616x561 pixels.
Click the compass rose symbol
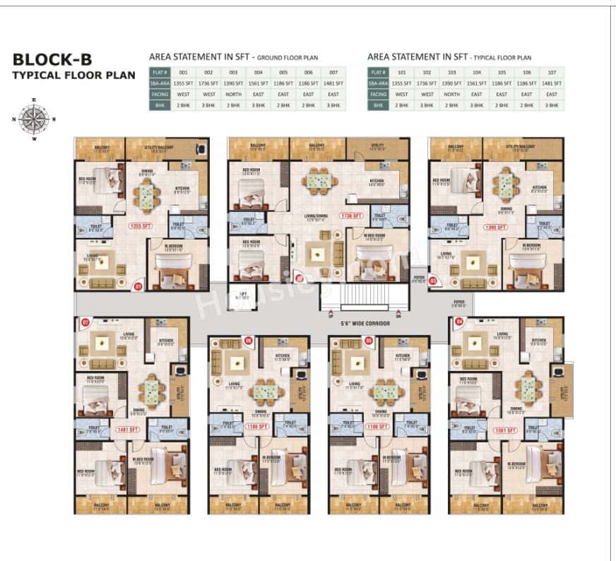pyautogui.click(x=30, y=118)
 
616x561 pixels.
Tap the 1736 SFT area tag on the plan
pyautogui.click(x=350, y=215)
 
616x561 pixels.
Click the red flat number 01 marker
pyautogui.click(x=138, y=286)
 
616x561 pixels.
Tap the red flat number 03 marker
pyautogui.click(x=432, y=280)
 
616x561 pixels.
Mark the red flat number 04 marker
pyautogui.click(x=459, y=322)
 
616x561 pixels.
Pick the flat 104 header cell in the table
pyautogui.click(x=477, y=72)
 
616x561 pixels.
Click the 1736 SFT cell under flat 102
pyautogui.click(x=427, y=83)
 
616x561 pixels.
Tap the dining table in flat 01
pyautogui.click(x=147, y=190)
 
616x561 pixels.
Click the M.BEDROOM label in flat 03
pyautogui.click(x=531, y=247)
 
